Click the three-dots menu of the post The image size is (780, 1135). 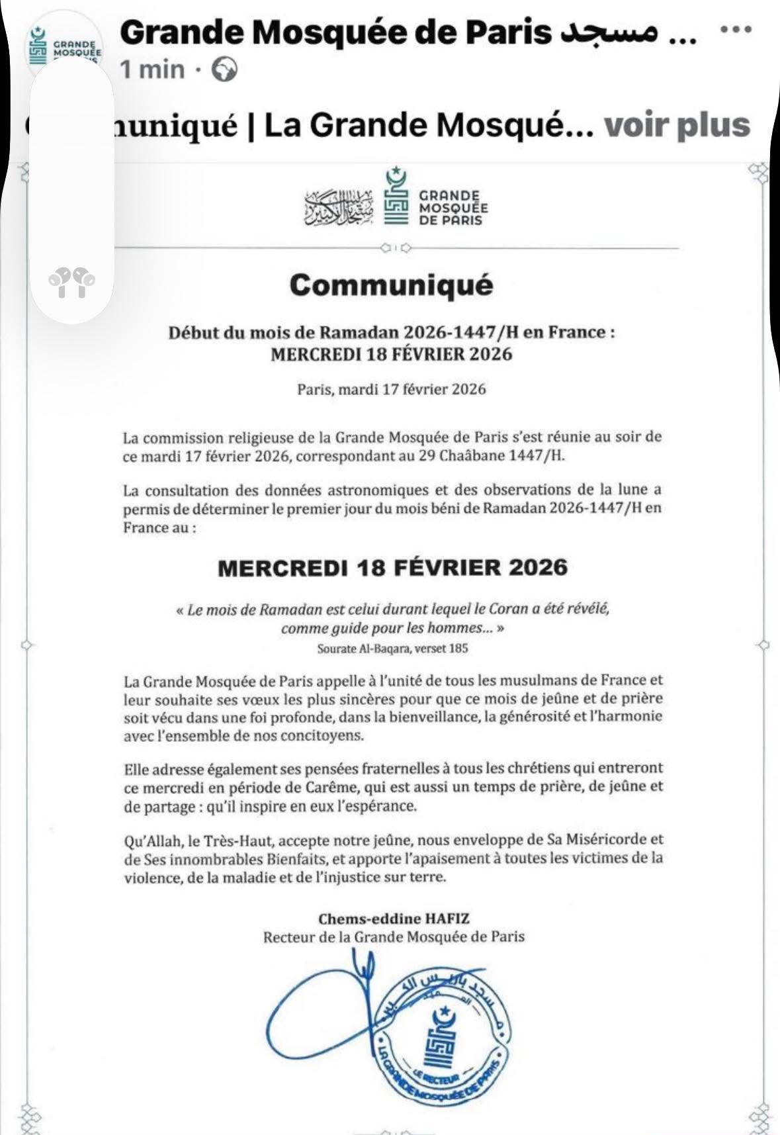[736, 30]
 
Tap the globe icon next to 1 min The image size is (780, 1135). [224, 69]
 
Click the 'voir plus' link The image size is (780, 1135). [677, 125]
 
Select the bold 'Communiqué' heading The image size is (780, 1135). [391, 285]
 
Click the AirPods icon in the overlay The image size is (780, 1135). [71, 282]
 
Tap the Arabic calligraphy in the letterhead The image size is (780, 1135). [338, 207]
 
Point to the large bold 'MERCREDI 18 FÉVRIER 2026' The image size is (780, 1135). [392, 568]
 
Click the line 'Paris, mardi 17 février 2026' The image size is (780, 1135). [391, 389]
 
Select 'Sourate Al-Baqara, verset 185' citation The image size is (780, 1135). [392, 649]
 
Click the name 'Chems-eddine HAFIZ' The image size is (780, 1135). [394, 919]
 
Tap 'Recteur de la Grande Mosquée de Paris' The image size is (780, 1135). [394, 937]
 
